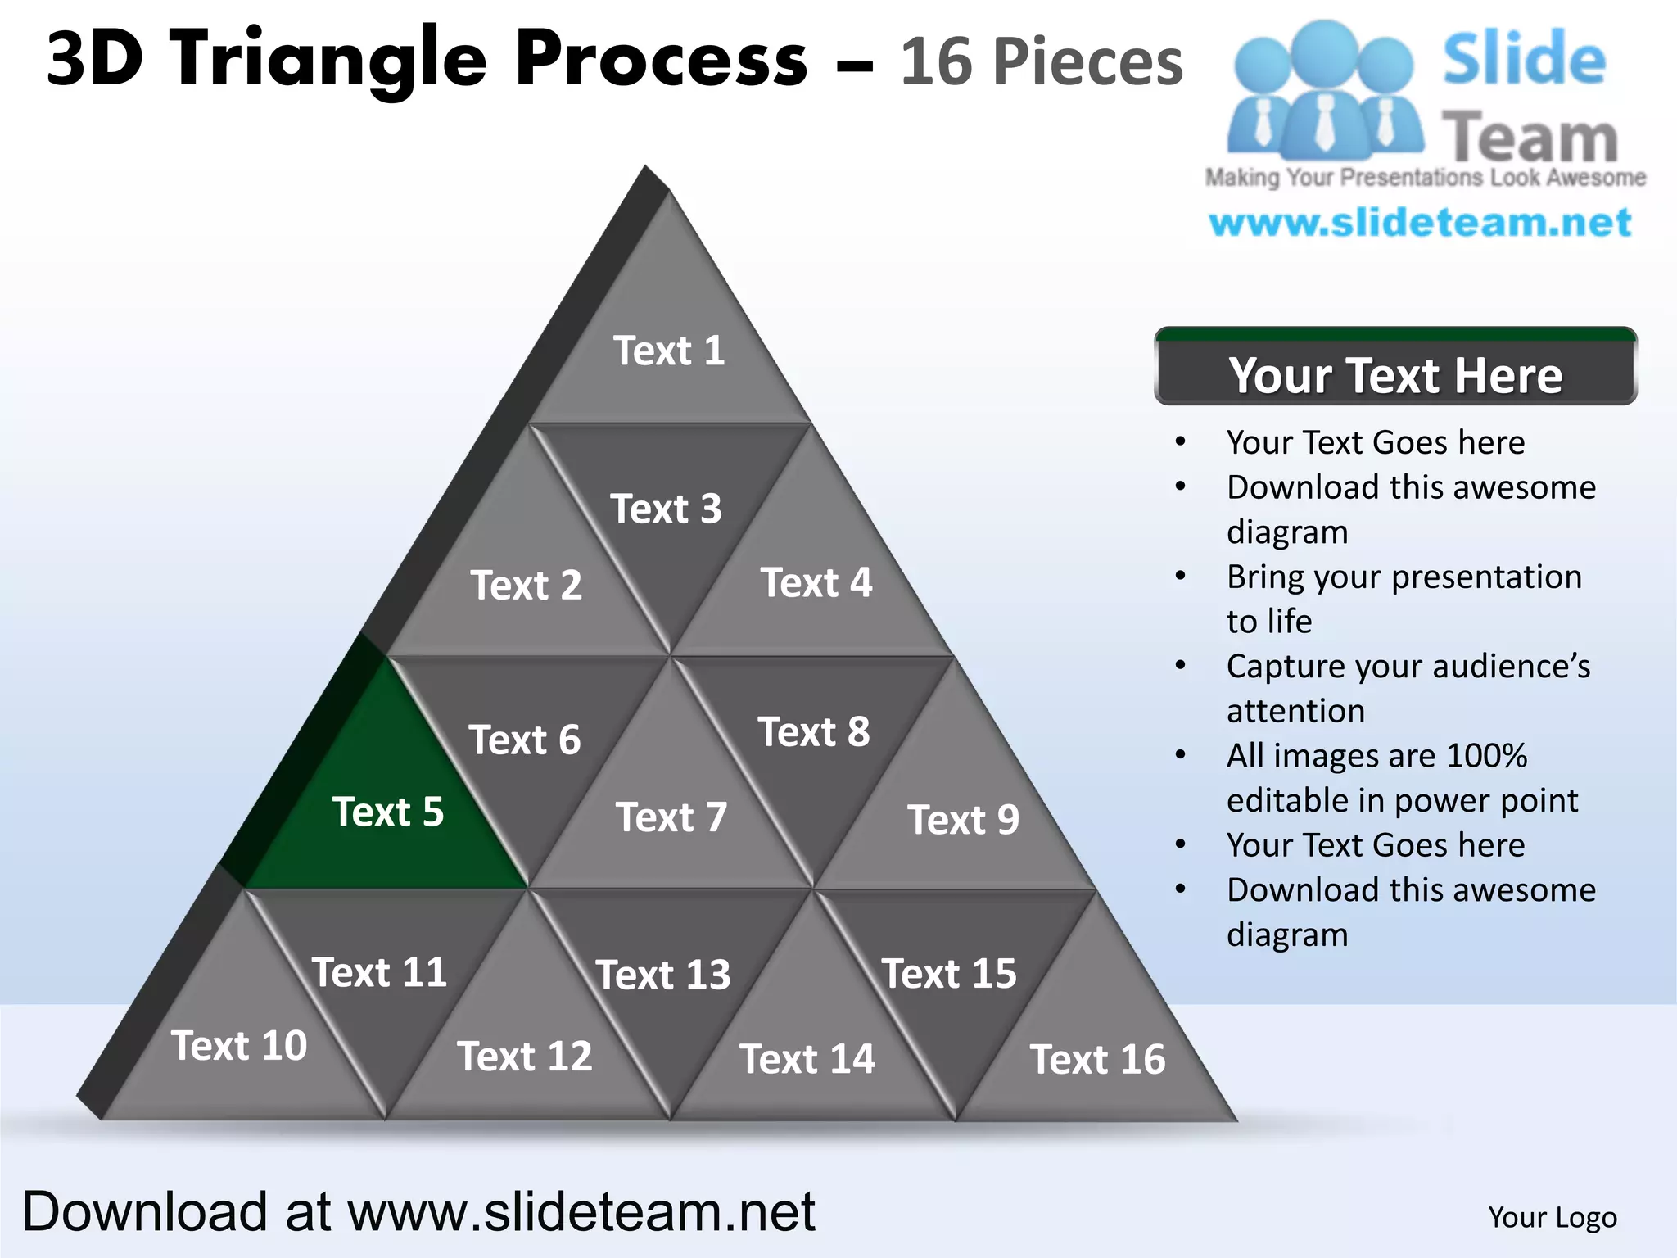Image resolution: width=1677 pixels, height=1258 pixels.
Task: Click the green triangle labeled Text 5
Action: tap(389, 811)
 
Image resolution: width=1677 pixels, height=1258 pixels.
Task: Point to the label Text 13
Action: tap(663, 975)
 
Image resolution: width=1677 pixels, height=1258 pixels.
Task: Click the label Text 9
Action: tap(963, 819)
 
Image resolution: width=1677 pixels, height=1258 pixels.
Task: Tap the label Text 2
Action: tap(526, 585)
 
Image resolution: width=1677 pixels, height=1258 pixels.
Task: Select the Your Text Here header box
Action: tap(1395, 373)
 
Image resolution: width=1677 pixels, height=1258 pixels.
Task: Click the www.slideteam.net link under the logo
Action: tap(1420, 223)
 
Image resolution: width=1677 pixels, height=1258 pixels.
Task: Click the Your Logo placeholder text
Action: tap(1553, 1217)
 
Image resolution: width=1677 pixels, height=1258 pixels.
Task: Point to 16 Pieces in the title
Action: tap(1042, 62)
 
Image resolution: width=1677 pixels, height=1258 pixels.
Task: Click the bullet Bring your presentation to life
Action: tap(1404, 599)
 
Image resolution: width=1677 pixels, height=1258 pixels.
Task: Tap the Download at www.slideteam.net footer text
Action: tap(418, 1210)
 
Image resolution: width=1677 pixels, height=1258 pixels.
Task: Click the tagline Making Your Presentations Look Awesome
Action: tap(1425, 178)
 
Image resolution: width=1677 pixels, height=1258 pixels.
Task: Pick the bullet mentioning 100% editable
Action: tap(1401, 777)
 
